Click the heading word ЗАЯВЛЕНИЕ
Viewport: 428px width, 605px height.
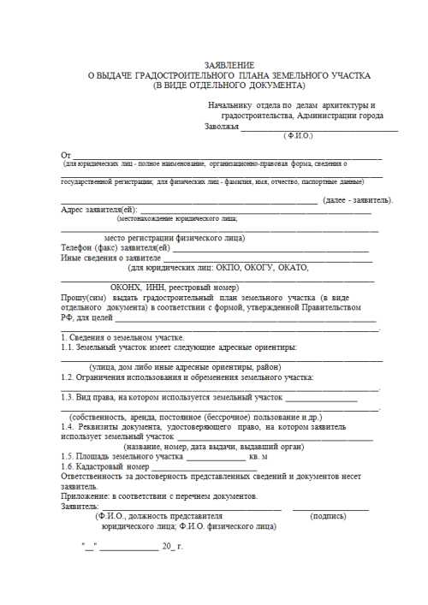click(x=230, y=66)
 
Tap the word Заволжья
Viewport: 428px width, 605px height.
click(x=221, y=127)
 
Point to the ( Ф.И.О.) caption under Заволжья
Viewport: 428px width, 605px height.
click(x=299, y=135)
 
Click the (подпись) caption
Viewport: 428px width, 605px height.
click(x=330, y=516)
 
